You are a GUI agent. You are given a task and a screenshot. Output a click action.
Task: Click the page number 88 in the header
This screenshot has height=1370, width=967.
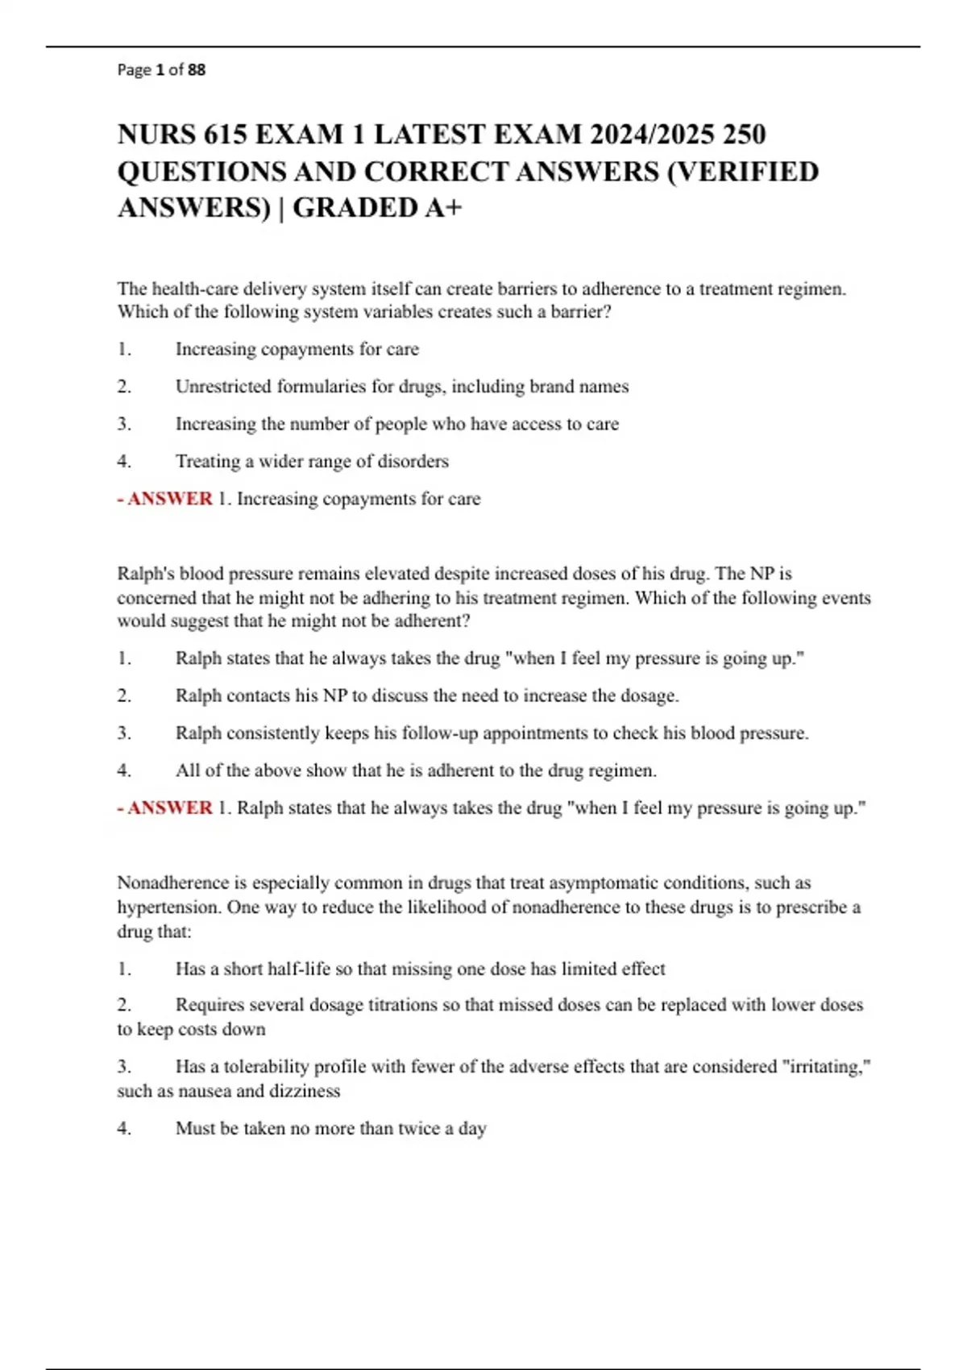[x=197, y=70]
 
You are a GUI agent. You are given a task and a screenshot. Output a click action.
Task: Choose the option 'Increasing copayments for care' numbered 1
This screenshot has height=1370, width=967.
[x=297, y=349]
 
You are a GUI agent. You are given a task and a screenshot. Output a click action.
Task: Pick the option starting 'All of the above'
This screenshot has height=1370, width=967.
[x=416, y=770]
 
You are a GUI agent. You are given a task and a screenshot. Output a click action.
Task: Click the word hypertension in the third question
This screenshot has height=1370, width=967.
[x=168, y=907]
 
